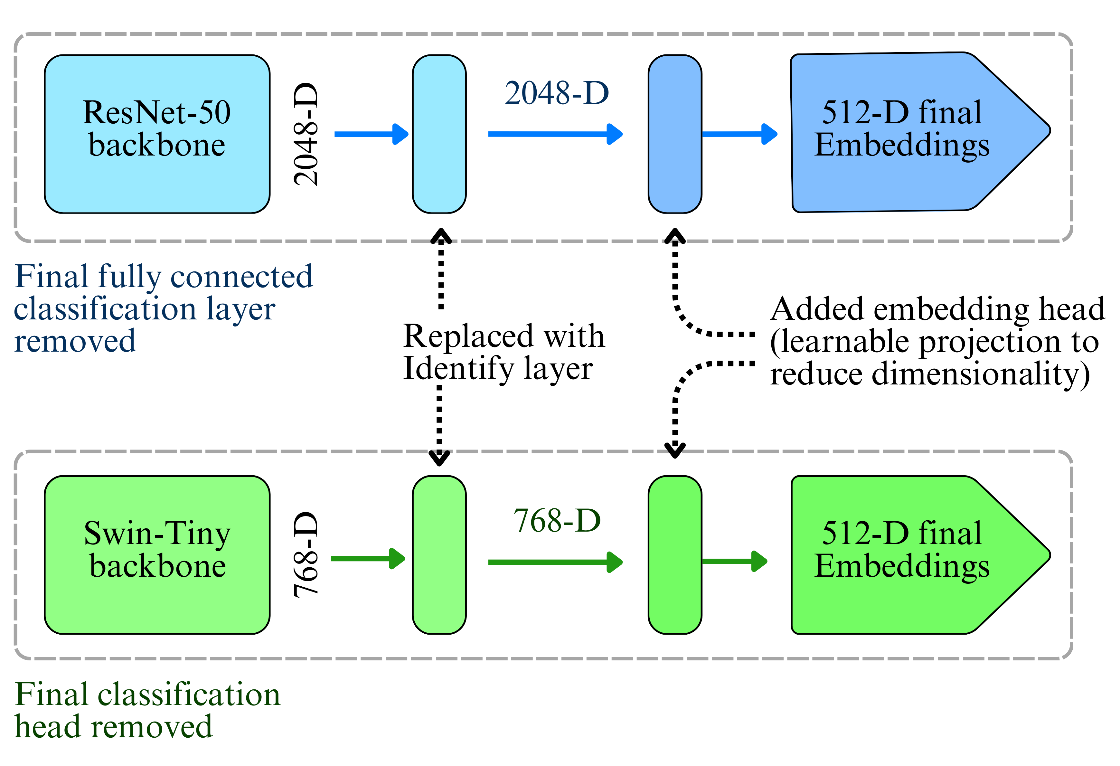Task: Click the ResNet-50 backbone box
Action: (x=157, y=134)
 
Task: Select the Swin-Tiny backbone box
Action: (x=157, y=555)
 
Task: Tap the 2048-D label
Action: (x=557, y=93)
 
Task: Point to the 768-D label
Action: (x=557, y=521)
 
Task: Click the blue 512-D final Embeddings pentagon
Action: (x=906, y=133)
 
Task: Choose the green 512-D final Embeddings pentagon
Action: (x=906, y=554)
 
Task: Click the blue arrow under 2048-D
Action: (x=554, y=134)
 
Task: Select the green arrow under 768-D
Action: (x=554, y=562)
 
